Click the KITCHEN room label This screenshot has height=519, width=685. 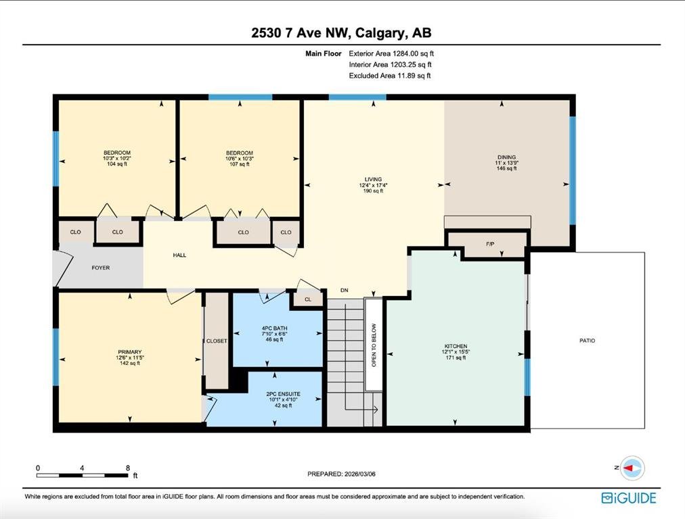pyautogui.click(x=456, y=346)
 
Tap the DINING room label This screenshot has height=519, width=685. pyautogui.click(x=507, y=157)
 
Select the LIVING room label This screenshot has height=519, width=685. pyautogui.click(x=373, y=179)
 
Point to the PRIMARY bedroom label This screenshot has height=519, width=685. pyautogui.click(x=130, y=352)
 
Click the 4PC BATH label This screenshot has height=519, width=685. pyautogui.click(x=274, y=328)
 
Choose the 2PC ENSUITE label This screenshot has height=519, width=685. pyautogui.click(x=283, y=394)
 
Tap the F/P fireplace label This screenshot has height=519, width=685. pyautogui.click(x=490, y=244)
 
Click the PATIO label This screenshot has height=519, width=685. pyautogui.click(x=587, y=341)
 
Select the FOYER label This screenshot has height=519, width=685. pyautogui.click(x=100, y=268)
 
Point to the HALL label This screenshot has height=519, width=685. pyautogui.click(x=179, y=255)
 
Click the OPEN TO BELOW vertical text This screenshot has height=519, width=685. pyautogui.click(x=374, y=345)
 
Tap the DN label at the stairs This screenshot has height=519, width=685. pyautogui.click(x=345, y=290)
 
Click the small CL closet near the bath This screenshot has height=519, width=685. pyautogui.click(x=308, y=299)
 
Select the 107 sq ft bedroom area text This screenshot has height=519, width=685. pyautogui.click(x=240, y=164)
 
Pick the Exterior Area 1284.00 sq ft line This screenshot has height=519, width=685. pyautogui.click(x=391, y=53)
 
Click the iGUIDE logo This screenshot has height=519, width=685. pyautogui.click(x=629, y=498)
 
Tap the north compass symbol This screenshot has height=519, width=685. pyautogui.click(x=632, y=468)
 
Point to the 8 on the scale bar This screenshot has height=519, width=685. pyautogui.click(x=128, y=468)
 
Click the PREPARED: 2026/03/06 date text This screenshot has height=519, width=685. pyautogui.click(x=341, y=474)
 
